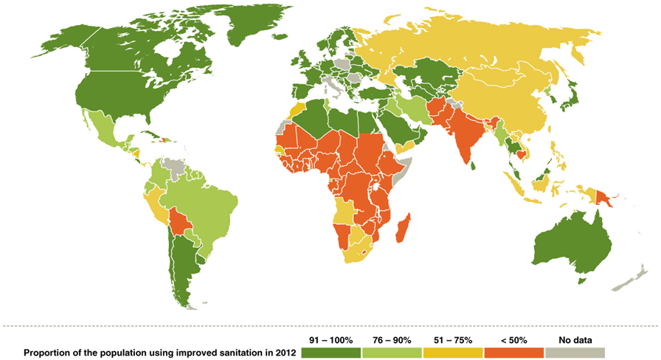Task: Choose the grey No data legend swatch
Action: (573, 353)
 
